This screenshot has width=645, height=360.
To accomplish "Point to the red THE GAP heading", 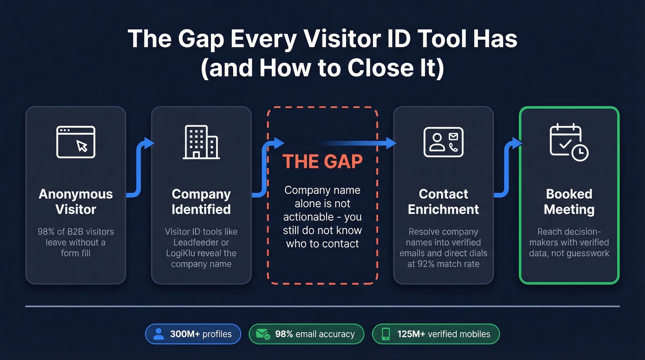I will (x=322, y=162).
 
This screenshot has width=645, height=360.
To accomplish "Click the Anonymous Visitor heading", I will (x=76, y=201).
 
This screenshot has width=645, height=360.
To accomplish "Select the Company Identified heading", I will (x=201, y=201).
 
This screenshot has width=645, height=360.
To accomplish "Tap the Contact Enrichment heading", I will (x=443, y=201).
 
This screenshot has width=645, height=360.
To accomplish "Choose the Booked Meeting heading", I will (x=569, y=201).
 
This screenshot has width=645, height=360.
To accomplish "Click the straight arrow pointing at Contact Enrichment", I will (x=359, y=143).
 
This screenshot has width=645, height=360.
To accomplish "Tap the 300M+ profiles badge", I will (x=193, y=334).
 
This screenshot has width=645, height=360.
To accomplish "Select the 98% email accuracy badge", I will (x=306, y=334).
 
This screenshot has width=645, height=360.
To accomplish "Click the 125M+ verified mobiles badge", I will (x=435, y=334).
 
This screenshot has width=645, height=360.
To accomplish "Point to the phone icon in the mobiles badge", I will (x=387, y=334).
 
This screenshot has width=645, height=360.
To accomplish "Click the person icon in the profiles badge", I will (x=158, y=334).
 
